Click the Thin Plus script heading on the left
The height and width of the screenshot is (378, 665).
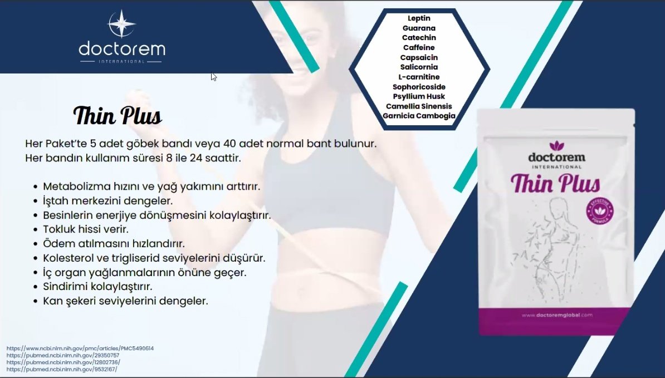point(118,115)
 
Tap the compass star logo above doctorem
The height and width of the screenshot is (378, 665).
point(122,24)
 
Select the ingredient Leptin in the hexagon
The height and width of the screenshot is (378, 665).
point(419,18)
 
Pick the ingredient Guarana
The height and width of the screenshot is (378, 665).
point(419,28)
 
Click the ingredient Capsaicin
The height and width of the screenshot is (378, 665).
point(419,57)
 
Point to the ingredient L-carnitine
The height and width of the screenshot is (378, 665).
point(419,77)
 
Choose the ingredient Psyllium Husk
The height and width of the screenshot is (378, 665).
point(419,96)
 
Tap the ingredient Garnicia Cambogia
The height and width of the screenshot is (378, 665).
point(419,116)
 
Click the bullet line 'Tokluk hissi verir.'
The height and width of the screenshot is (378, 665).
point(86,229)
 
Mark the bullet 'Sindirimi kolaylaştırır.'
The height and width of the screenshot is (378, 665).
point(97,287)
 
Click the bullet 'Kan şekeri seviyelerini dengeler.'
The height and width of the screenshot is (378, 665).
point(125,301)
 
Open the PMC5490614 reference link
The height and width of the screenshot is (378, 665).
point(80,348)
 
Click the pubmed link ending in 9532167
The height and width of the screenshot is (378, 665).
point(62,370)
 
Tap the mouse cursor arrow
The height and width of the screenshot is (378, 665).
point(213,76)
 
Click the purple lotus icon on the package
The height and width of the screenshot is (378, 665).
point(556,146)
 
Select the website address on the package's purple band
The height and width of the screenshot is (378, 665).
point(557,315)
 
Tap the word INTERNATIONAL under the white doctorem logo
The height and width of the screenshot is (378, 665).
point(122,61)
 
